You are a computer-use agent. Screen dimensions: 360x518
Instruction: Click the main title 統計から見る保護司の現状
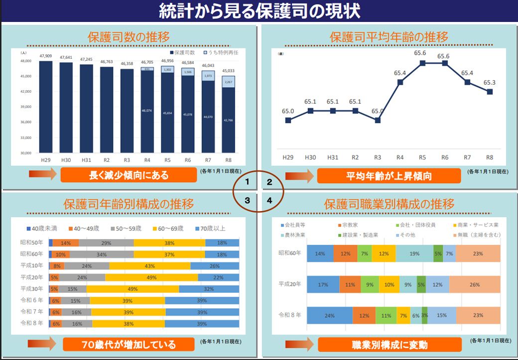259,10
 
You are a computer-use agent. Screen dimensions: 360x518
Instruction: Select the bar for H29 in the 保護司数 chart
46,107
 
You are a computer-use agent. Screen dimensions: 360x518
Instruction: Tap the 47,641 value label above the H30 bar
66,57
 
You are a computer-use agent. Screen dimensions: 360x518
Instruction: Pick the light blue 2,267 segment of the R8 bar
229,82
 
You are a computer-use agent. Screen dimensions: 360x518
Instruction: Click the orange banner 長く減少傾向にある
129,175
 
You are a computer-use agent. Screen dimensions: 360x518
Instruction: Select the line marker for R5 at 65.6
422,63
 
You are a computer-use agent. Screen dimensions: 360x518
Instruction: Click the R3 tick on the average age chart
378,157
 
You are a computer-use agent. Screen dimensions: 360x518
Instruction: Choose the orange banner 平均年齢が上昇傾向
388,176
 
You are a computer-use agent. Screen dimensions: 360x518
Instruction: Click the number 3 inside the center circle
247,200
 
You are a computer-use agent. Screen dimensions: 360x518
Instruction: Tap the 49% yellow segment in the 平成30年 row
132,289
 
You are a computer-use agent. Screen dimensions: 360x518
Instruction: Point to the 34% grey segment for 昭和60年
102,254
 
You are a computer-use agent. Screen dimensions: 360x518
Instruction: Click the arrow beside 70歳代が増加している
42,344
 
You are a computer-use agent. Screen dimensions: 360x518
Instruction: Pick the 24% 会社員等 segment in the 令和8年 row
329,316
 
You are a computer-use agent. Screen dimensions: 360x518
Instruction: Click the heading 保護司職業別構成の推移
388,204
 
